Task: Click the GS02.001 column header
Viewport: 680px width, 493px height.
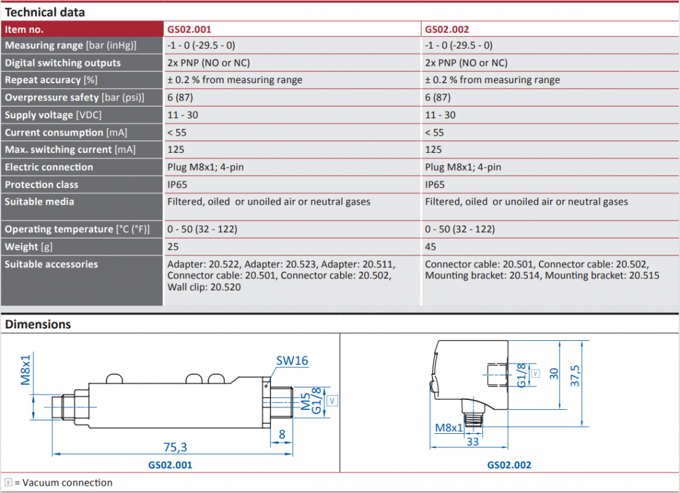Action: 189,30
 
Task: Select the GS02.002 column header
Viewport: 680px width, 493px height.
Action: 447,30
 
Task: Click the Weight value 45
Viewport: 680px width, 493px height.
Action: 430,246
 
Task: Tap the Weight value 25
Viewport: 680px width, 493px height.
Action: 173,246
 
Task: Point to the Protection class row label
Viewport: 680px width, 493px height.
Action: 42,184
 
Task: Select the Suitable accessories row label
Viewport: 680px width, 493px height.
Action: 51,264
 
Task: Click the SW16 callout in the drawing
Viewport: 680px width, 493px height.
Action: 292,361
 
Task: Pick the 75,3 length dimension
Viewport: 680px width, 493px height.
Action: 175,447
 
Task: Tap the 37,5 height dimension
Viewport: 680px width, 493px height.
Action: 575,376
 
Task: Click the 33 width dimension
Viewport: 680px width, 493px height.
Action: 472,442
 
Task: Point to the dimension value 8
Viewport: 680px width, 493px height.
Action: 282,434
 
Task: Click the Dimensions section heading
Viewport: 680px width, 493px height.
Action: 38,324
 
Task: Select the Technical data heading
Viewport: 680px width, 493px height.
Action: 45,12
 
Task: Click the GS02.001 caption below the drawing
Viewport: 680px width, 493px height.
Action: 170,465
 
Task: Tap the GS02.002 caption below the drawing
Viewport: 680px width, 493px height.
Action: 509,465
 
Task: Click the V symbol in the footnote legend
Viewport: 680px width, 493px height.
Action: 8,483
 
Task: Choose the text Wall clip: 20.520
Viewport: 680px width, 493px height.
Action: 204,287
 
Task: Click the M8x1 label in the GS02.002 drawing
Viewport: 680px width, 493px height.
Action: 449,428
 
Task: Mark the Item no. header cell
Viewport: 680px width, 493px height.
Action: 24,30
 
